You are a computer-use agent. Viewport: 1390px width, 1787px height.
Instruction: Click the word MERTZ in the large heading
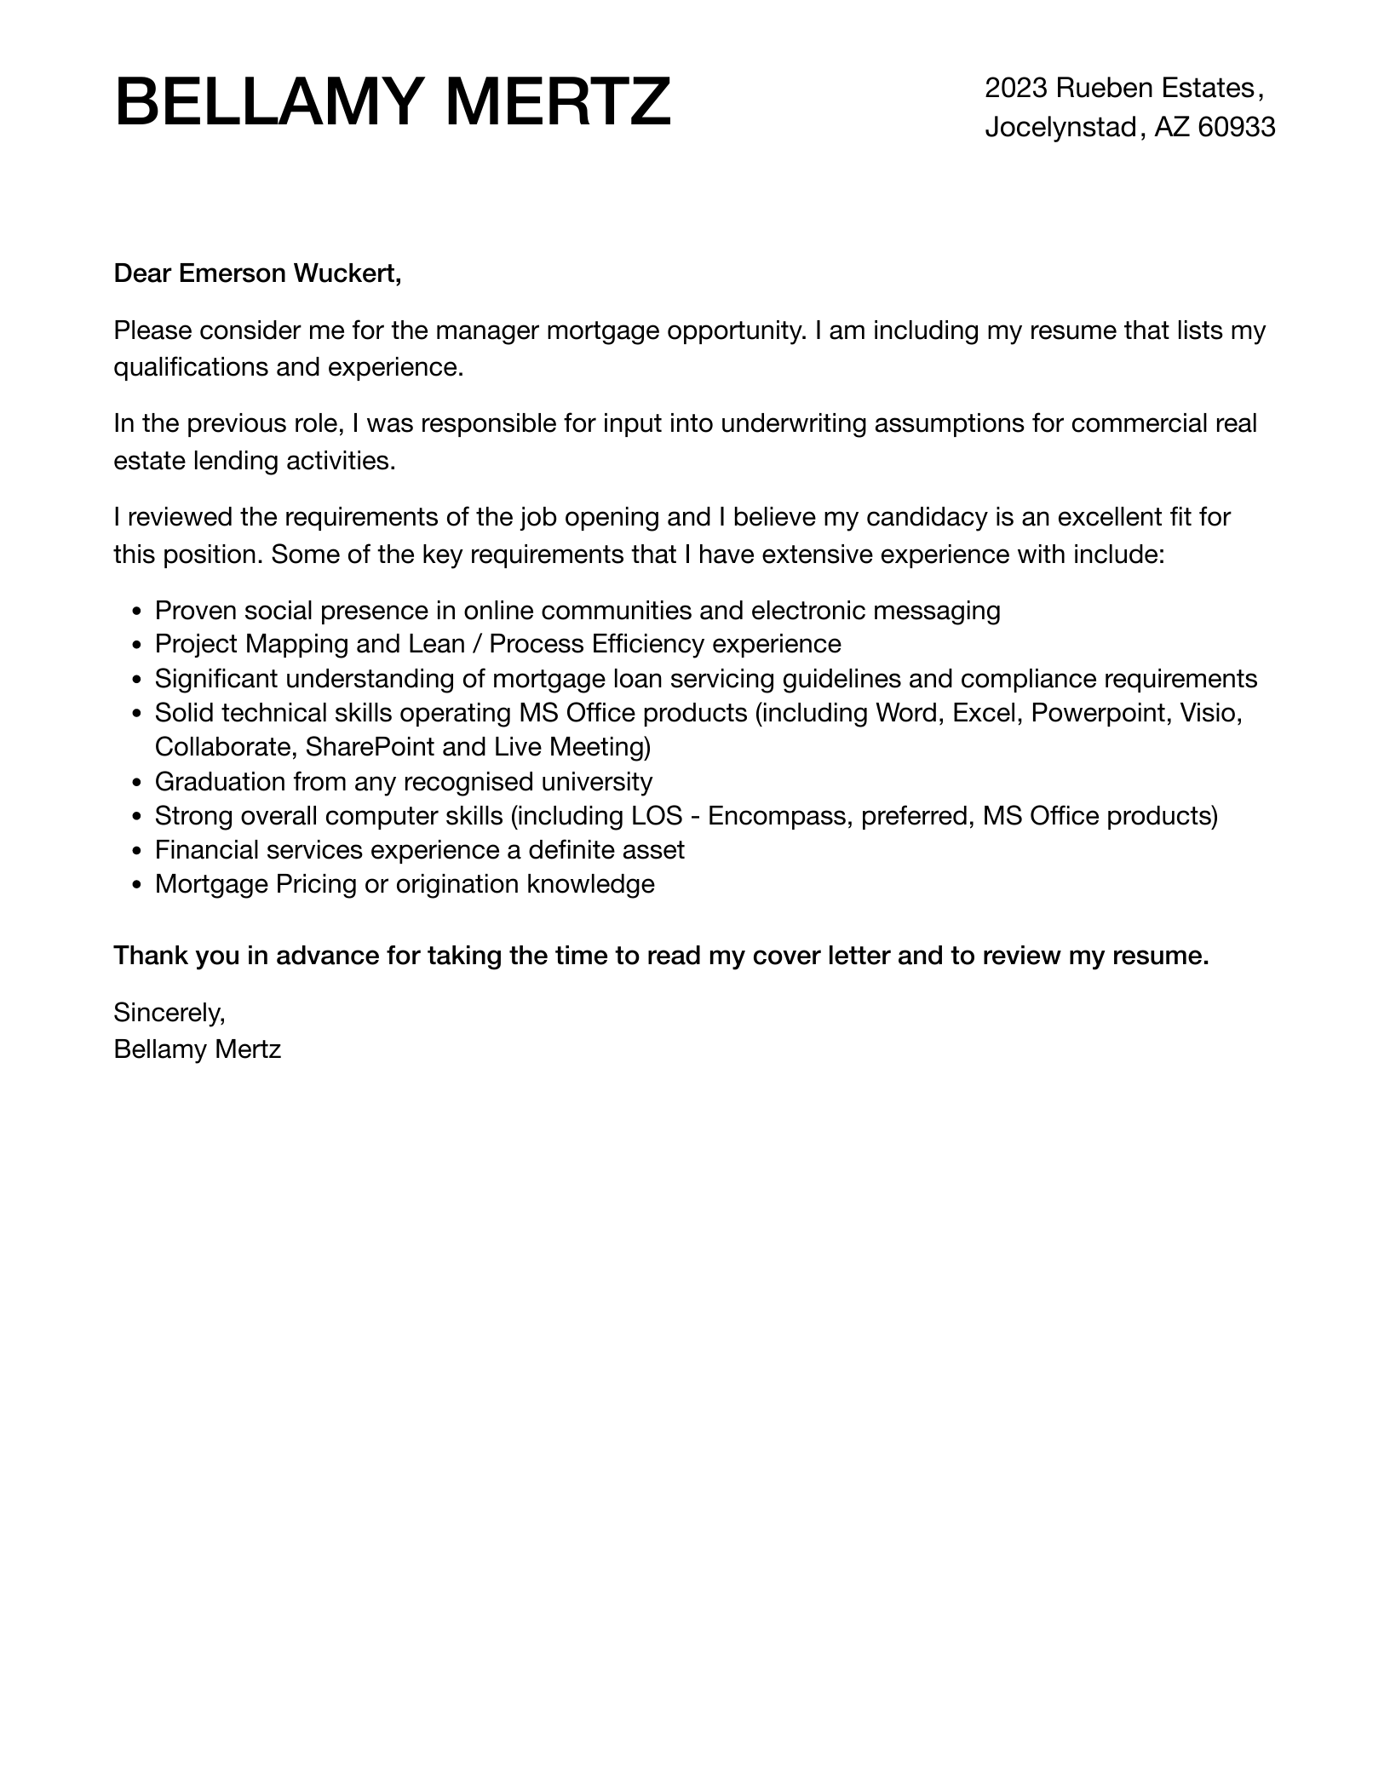(x=558, y=101)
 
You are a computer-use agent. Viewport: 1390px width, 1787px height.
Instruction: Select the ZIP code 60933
(x=1237, y=128)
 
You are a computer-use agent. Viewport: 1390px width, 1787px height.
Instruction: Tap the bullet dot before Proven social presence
(x=137, y=612)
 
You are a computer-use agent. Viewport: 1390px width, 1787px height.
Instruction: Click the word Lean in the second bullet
(x=436, y=644)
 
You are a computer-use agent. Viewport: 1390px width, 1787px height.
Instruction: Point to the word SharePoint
(x=370, y=747)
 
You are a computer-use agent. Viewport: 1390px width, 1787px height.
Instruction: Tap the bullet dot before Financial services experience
(x=137, y=851)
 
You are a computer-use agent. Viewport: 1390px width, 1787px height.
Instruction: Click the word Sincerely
(x=169, y=1013)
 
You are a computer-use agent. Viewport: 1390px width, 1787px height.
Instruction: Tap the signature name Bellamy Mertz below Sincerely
(x=197, y=1049)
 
